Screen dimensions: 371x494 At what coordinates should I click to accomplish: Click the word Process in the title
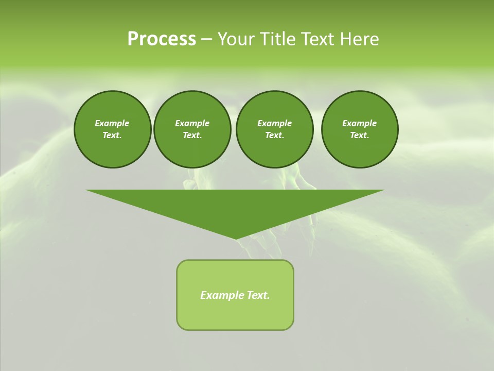point(162,39)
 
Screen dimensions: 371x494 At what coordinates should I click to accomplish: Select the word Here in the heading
point(359,39)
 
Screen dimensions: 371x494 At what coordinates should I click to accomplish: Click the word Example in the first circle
point(112,123)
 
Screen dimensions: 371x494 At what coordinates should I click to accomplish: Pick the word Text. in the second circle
point(192,136)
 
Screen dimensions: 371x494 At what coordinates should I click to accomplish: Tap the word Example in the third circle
point(274,123)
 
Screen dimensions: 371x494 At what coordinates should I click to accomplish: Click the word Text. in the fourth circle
point(360,136)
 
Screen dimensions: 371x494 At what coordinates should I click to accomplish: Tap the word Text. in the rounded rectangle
point(258,295)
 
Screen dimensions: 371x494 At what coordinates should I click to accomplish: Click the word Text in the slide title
point(314,39)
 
